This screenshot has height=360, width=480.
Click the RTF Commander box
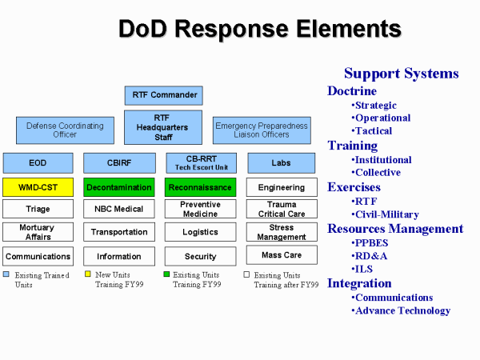pos(163,95)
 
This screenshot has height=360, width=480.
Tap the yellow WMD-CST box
pos(38,187)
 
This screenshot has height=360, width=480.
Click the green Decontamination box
pos(119,187)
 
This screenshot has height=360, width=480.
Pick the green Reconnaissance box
pos(200,187)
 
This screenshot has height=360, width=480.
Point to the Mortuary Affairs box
pos(38,232)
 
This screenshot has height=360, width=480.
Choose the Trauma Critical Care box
pos(281,210)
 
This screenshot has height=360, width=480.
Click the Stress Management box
pos(281,233)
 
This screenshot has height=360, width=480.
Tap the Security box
pos(200,256)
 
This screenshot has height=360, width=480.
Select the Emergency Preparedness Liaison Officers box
pos(261,130)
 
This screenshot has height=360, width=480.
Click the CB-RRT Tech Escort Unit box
pos(200,163)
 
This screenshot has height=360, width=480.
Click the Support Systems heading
pos(401,74)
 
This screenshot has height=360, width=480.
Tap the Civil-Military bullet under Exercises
pos(386,214)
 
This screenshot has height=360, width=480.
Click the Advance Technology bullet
pos(402,310)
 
